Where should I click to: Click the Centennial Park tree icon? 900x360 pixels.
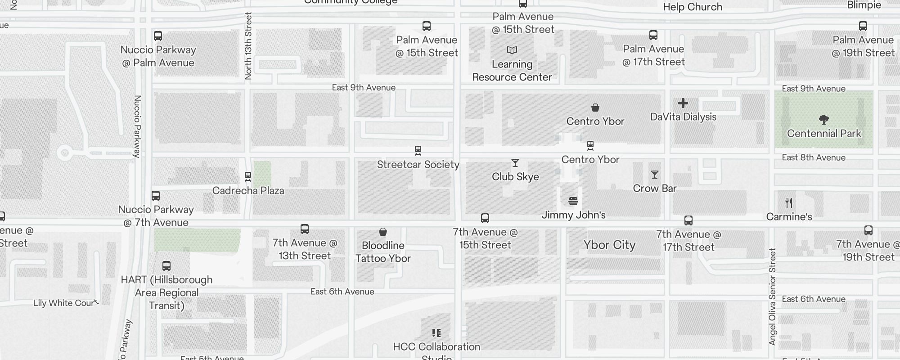824,120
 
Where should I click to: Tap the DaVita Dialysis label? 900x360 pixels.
683,117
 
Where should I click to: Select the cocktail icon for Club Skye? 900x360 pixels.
515,163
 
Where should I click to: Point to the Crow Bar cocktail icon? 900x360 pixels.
655,175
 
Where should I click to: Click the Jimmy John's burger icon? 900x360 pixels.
573,201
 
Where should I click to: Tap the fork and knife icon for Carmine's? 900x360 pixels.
789,203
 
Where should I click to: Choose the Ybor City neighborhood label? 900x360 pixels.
609,245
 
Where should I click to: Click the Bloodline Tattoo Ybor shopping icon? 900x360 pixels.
383,232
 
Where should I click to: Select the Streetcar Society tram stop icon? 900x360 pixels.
418,150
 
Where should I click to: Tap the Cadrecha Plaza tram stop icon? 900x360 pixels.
247,176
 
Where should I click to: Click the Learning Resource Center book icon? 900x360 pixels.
512,50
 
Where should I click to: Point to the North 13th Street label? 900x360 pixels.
248,46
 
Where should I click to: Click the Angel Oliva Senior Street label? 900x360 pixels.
773,297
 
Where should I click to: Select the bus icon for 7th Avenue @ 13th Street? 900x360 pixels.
305,229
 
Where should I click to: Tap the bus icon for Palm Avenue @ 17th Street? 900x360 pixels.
653,35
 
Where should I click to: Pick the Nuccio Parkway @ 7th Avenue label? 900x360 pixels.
156,216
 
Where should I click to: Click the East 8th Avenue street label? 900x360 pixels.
814,157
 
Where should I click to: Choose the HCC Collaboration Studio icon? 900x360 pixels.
436,333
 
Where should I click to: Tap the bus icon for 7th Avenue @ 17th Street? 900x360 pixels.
688,220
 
